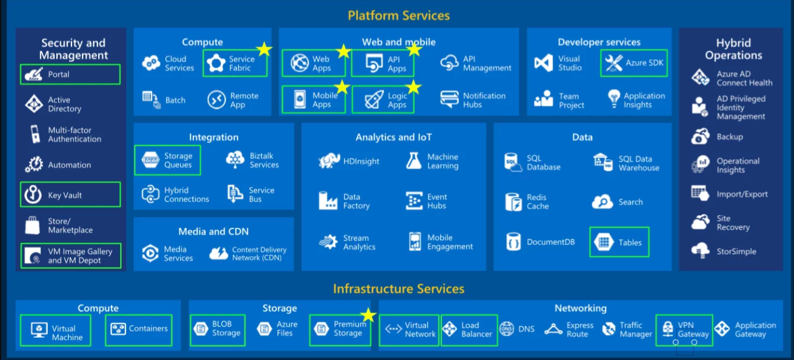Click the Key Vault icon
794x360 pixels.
pyautogui.click(x=33, y=195)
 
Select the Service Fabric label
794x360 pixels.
pyautogui.click(x=241, y=64)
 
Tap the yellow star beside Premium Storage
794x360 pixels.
pyautogui.click(x=368, y=315)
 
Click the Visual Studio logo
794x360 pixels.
pyautogui.click(x=543, y=63)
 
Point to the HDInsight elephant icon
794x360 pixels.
pyautogui.click(x=329, y=161)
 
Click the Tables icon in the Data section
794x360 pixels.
pyautogui.click(x=604, y=242)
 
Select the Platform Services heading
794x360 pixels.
pyautogui.click(x=398, y=15)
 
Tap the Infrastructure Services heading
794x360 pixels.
pyautogui.click(x=398, y=288)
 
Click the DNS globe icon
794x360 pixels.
pyautogui.click(x=507, y=329)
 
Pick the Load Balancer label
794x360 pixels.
pyautogui.click(x=476, y=330)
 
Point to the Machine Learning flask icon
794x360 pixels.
pyautogui.click(x=414, y=161)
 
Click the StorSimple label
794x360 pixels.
pyautogui.click(x=736, y=251)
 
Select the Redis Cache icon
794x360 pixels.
pyautogui.click(x=513, y=202)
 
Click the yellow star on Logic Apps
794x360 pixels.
pyautogui.click(x=413, y=88)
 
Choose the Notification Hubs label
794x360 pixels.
pyautogui.click(x=484, y=100)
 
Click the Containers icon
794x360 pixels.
pyautogui.click(x=118, y=329)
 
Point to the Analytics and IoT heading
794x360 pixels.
pyautogui.click(x=393, y=137)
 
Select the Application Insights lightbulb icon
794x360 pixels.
pyautogui.click(x=614, y=99)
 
